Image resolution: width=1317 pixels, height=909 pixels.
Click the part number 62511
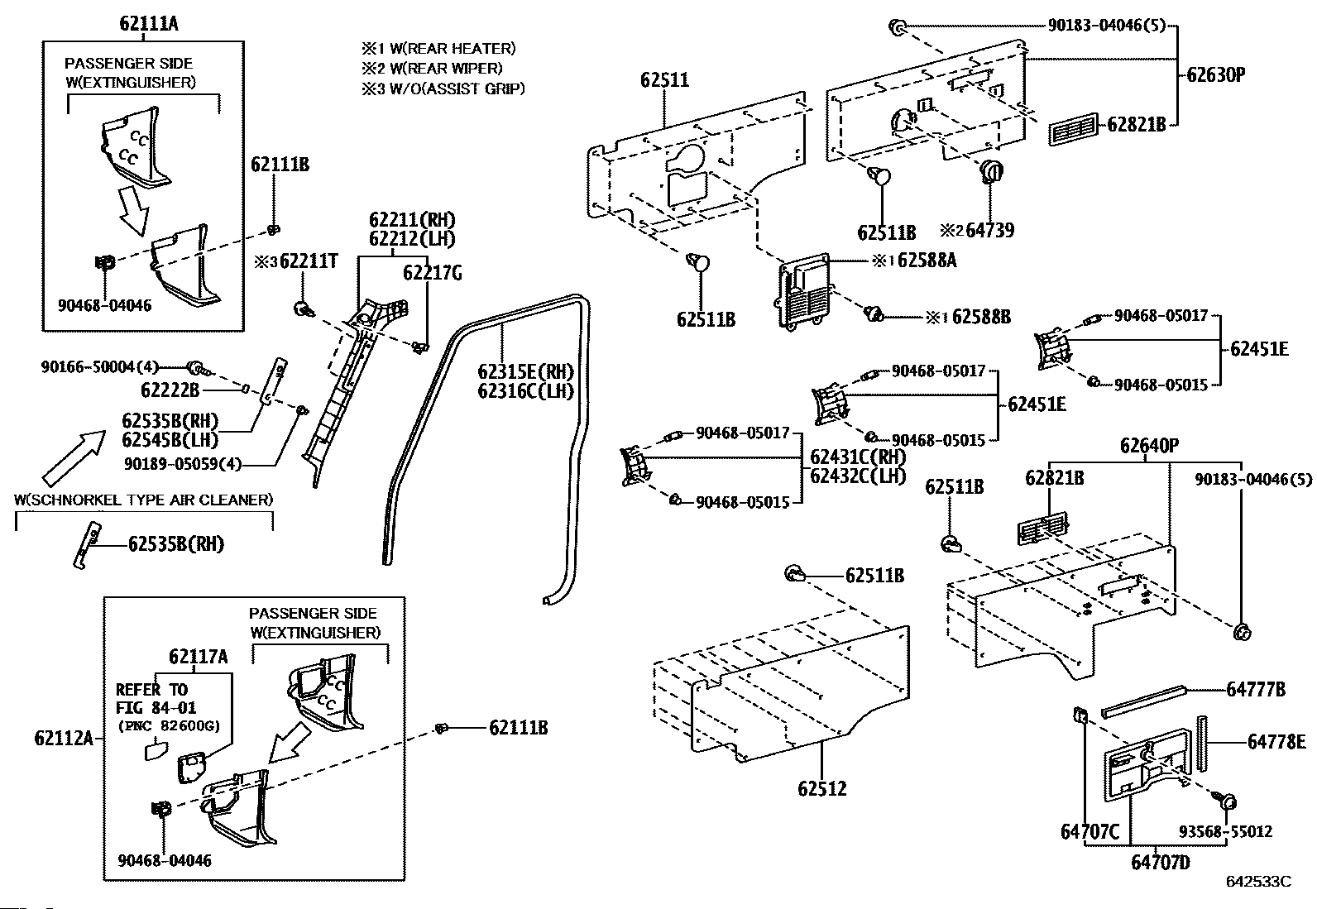[x=664, y=80]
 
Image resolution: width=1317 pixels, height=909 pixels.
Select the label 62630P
[x=1216, y=74]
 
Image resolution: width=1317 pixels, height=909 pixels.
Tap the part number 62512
[x=822, y=788]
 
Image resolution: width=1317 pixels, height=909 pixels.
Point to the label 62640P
[x=1149, y=446]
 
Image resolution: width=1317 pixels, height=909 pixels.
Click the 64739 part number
[x=990, y=230]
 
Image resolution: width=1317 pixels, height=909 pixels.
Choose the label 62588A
[x=927, y=260]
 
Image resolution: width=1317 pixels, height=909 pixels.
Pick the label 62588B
[x=981, y=317]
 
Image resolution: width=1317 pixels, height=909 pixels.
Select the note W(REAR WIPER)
[x=446, y=69]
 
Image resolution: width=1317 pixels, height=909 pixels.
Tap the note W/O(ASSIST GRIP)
[x=457, y=89]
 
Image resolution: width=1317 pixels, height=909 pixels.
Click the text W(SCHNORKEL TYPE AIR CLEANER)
[x=143, y=500]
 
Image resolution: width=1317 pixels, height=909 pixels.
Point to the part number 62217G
[x=432, y=273]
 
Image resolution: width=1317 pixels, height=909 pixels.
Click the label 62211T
[x=309, y=261]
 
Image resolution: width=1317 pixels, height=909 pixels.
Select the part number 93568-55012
[x=1225, y=831]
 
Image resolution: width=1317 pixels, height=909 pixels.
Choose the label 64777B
[x=1256, y=689]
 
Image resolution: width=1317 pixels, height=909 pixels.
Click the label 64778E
[x=1276, y=742]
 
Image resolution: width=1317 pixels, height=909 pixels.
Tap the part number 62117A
[x=199, y=656]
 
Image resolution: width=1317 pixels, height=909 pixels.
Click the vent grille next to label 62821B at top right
[x=1073, y=129]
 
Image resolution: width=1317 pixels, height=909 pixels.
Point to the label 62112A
[x=64, y=738]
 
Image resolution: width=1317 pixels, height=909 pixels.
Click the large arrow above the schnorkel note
[x=74, y=457]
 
